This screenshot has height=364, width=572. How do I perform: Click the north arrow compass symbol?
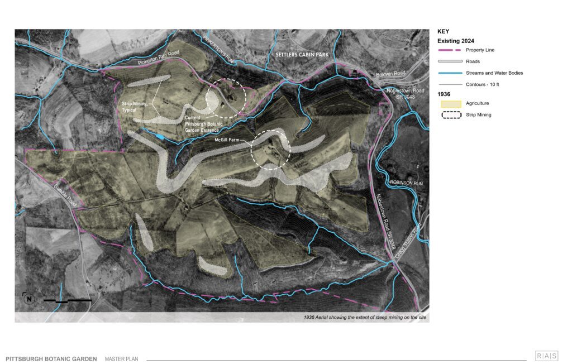(28, 299)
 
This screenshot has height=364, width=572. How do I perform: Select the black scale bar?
(68, 300)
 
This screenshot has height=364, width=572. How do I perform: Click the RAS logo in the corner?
(546, 356)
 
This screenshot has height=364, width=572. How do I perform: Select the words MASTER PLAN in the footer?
(121, 359)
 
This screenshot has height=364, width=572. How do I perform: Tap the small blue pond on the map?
(160, 136)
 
